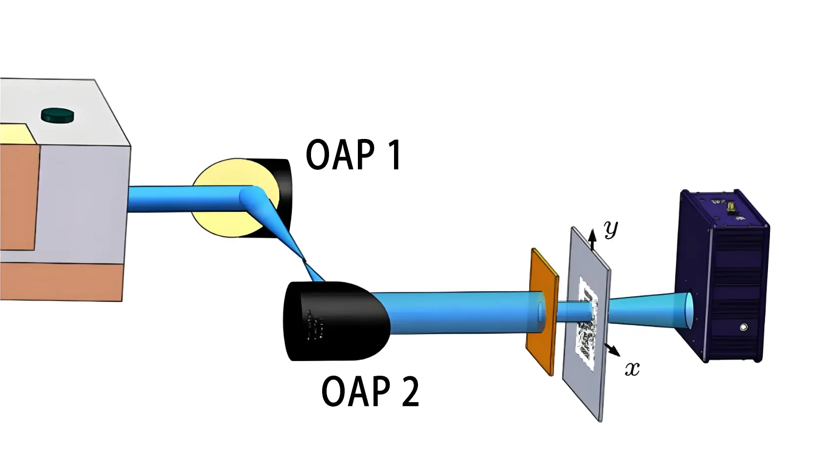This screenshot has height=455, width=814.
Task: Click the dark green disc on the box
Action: point(58,115)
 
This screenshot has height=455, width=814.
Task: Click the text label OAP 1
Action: point(353,155)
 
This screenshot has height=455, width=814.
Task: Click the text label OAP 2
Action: point(370,391)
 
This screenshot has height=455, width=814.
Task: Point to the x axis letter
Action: point(632,368)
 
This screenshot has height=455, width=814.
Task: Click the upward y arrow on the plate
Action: point(592,239)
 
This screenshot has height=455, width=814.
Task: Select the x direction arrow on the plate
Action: point(612,349)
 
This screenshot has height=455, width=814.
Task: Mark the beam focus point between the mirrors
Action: point(304,260)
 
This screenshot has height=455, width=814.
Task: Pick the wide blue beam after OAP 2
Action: point(455,312)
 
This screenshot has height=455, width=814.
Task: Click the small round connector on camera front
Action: point(743,327)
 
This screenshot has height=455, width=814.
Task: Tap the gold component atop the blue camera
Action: point(730,206)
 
